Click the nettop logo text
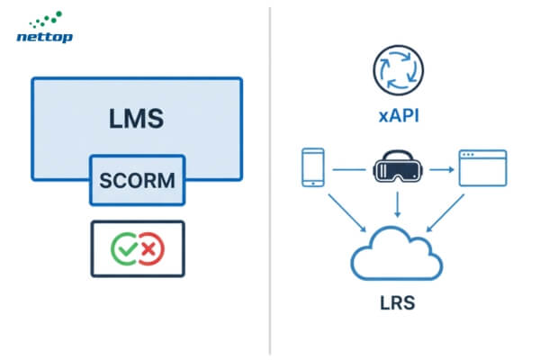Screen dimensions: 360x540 tap(45, 37)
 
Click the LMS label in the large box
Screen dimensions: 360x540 tap(136, 117)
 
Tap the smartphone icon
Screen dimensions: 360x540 tap(311, 168)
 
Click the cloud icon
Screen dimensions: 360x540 tap(397, 255)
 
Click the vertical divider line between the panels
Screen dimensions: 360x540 tap(270, 180)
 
